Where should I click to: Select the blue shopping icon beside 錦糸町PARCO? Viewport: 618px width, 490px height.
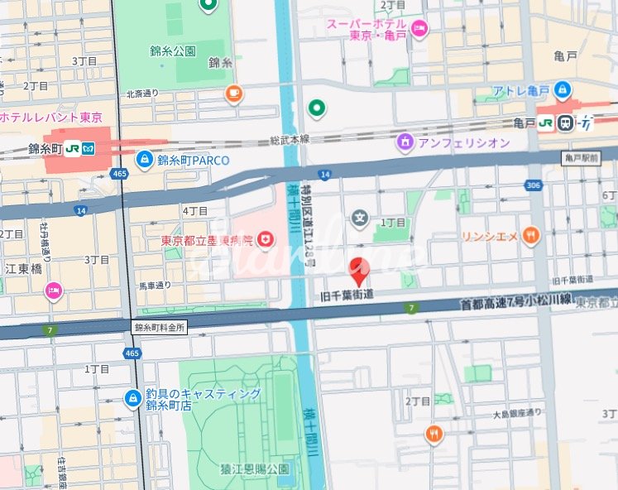point(145,159)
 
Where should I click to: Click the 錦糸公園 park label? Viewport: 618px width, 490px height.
point(180,50)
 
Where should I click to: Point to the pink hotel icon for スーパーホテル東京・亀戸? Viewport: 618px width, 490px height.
point(419,30)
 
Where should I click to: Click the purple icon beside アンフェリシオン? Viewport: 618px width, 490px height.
point(405,142)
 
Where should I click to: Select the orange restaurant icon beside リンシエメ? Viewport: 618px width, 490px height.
point(530,236)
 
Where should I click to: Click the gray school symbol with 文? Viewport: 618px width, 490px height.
point(360,219)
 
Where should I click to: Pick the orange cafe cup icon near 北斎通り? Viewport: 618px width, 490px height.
point(234,94)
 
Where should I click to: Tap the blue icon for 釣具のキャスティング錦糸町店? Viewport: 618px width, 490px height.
point(132,399)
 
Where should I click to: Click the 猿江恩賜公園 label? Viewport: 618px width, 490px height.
point(255,469)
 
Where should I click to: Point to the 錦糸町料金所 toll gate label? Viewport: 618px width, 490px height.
point(160,328)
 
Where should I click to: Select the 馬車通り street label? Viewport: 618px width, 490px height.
point(155,286)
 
